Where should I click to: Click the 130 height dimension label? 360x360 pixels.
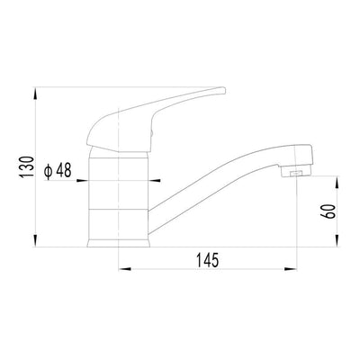coord(26,167)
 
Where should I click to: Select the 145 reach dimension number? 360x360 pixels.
coord(208,260)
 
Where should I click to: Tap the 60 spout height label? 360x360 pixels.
coord(328,211)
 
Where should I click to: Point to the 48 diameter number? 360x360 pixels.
coord(64,171)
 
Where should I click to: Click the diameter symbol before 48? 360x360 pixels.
coord(49,171)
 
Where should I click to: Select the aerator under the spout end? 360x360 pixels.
coord(295,172)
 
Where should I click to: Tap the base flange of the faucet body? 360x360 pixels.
coord(119,243)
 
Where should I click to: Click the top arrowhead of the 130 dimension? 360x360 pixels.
coord(35,93)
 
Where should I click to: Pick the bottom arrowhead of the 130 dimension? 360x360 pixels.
coord(35,241)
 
